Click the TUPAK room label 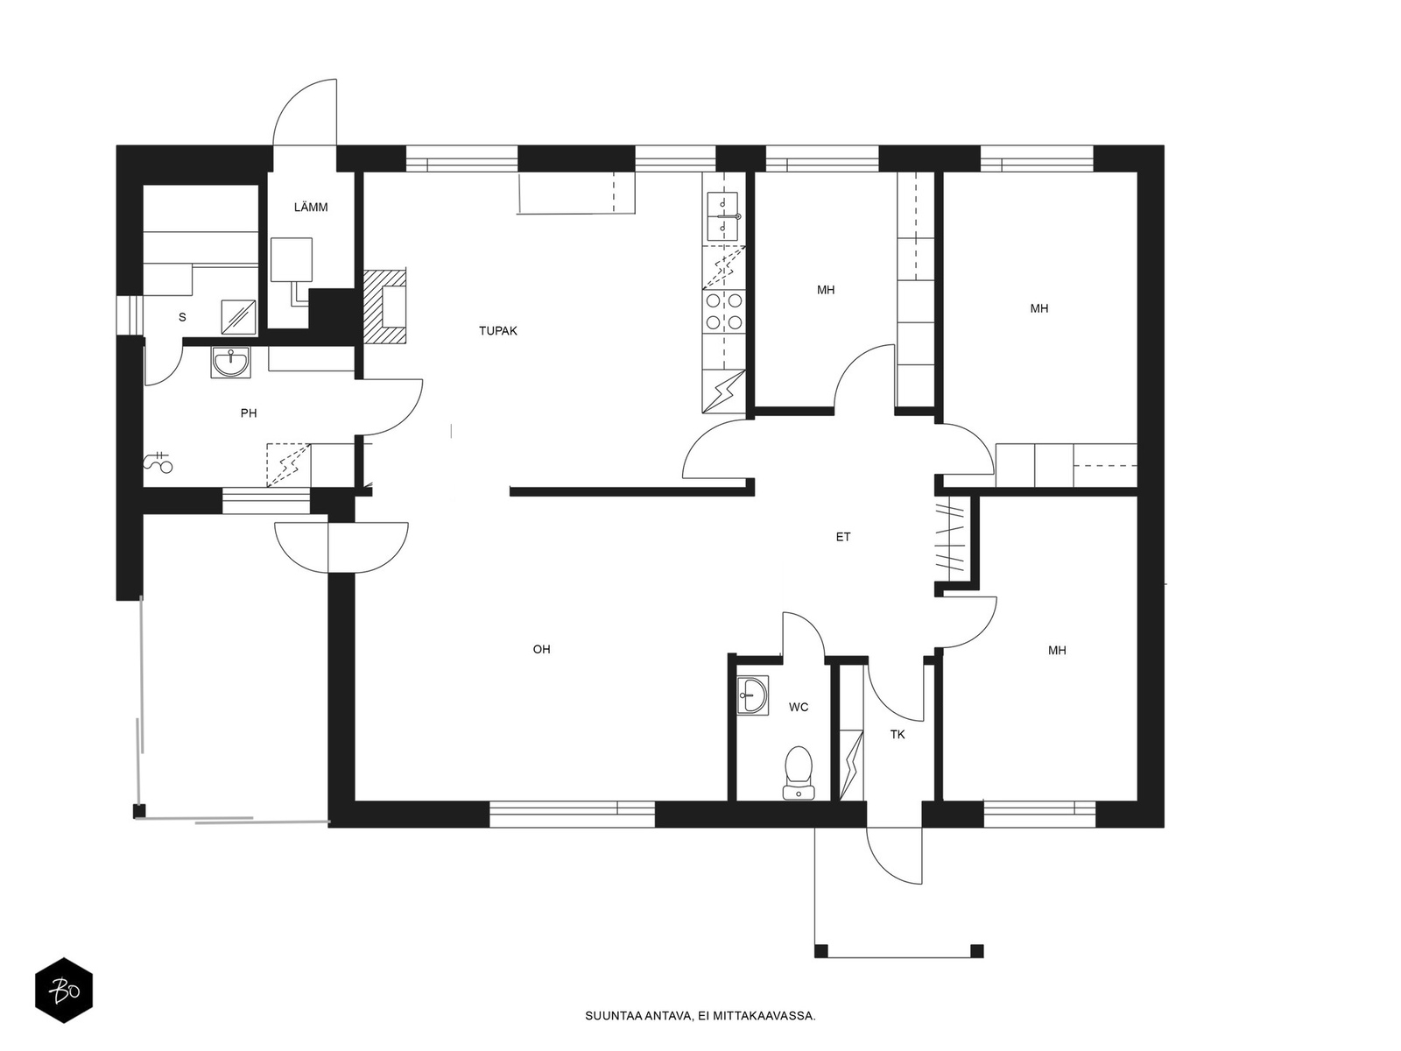tap(498, 330)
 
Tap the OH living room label tap(541, 649)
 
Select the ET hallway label tap(843, 537)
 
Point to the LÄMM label tap(311, 207)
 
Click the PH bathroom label tap(249, 413)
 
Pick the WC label tap(799, 707)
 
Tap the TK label tap(898, 735)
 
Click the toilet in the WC tap(799, 772)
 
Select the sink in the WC tap(752, 695)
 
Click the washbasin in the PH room tap(230, 362)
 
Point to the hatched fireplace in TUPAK tap(384, 307)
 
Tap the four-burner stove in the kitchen tap(724, 310)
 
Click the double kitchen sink tap(722, 216)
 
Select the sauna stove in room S tap(239, 317)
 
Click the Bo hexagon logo tap(64, 991)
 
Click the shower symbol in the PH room tap(158, 462)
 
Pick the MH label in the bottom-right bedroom tap(1057, 650)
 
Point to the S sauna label tap(182, 317)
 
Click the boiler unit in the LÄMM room tap(292, 260)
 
